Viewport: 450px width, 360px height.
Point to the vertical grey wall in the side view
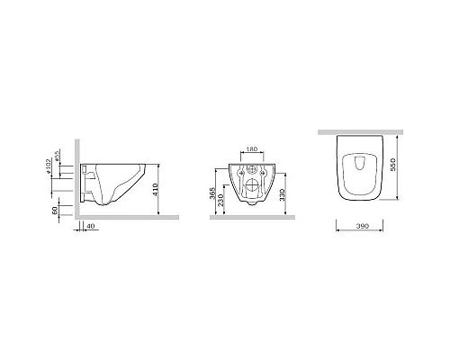[80, 180]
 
